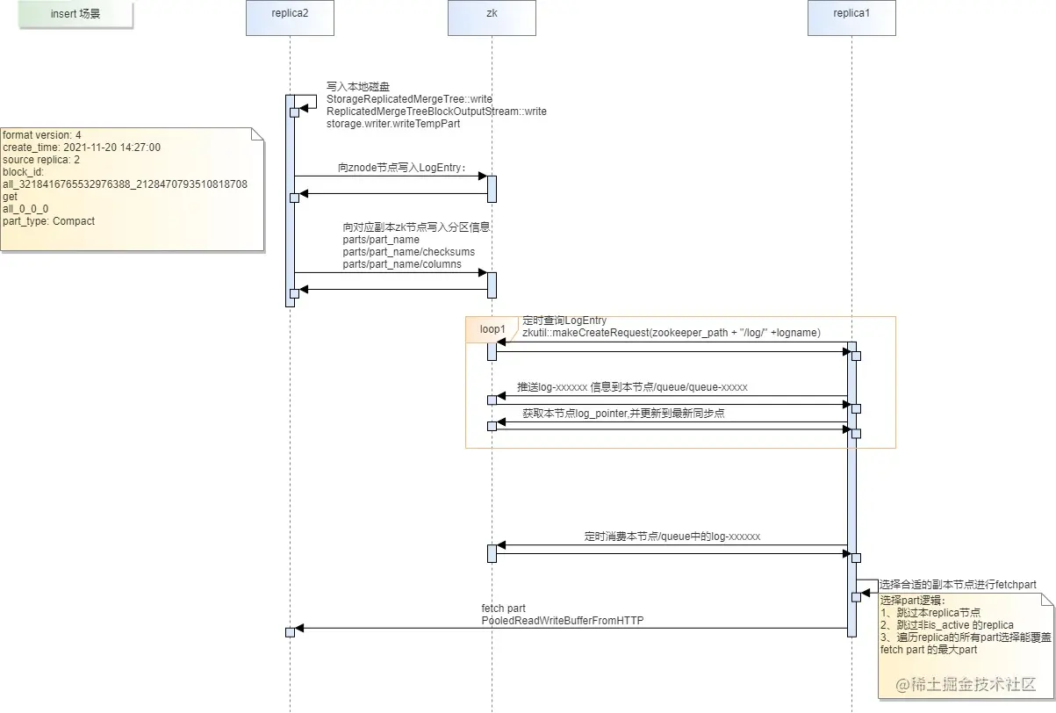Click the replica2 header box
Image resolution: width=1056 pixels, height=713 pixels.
290,18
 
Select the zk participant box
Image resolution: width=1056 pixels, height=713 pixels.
492,18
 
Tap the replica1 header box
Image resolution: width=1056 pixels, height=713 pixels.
851,18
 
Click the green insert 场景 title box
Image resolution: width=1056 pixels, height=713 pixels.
75,15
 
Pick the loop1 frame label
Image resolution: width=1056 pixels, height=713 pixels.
492,329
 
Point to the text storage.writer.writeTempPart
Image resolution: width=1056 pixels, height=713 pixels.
393,124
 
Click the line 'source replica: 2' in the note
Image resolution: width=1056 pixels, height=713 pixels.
40,160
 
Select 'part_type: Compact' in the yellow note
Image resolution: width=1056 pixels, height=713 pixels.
48,221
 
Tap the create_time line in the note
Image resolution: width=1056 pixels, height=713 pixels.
81,148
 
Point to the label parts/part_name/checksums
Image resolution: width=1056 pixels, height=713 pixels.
408,252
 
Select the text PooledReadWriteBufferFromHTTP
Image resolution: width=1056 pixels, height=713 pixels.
562,621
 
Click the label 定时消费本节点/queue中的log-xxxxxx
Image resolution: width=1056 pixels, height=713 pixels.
672,537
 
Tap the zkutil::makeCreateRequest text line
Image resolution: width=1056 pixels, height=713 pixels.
672,333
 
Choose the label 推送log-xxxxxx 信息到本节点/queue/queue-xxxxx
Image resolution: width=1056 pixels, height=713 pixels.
632,387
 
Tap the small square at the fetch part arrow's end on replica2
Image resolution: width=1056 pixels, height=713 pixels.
290,632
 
